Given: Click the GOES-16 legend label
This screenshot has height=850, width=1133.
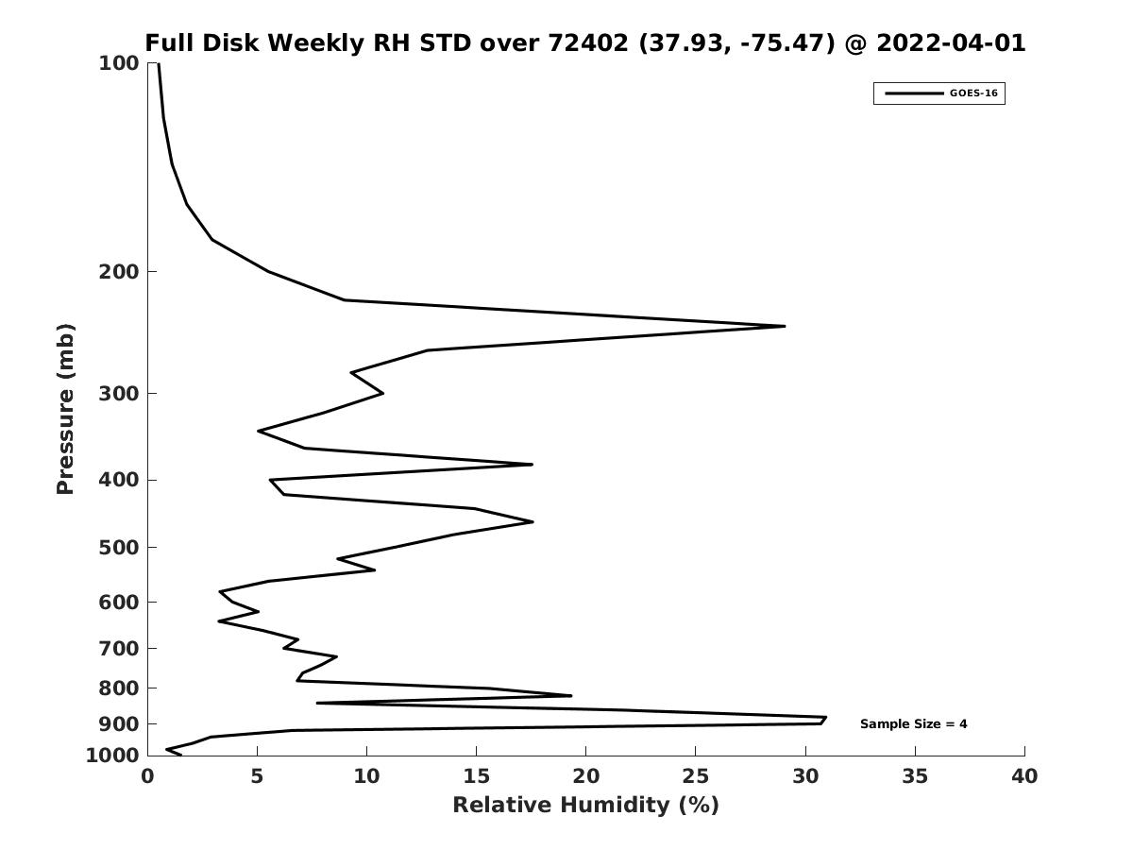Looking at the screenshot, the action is (x=973, y=93).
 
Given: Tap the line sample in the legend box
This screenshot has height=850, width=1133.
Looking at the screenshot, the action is (x=914, y=93).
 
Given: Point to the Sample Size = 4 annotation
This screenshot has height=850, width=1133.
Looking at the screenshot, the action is (x=913, y=724).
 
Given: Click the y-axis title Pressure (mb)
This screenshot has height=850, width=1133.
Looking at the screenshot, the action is (x=65, y=409).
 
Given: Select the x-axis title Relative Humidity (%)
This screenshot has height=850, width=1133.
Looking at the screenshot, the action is (x=586, y=805).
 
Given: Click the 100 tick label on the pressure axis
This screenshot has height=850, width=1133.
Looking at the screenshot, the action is (x=119, y=63).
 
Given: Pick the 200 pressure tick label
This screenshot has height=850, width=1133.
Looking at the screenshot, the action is (x=119, y=271).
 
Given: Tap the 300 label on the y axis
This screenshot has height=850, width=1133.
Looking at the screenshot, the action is (x=119, y=394).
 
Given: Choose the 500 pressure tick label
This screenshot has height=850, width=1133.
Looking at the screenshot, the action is (x=119, y=547).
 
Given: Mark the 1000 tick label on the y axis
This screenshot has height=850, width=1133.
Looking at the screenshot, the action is (x=112, y=756).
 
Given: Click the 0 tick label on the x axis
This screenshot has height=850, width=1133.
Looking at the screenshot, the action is (x=147, y=776).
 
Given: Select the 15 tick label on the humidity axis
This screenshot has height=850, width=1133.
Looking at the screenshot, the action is (x=477, y=776).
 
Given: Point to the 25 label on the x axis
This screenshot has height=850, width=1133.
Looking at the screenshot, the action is (x=695, y=776).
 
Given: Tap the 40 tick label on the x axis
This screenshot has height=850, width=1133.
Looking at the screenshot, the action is (x=1024, y=776).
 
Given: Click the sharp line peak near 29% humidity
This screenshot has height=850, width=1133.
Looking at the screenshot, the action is (x=785, y=326).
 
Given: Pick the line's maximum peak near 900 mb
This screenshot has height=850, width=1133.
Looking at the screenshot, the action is (x=825, y=718).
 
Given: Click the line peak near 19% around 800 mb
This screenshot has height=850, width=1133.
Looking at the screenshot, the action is (x=571, y=696).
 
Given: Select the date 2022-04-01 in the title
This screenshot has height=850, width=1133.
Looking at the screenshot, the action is (x=951, y=42).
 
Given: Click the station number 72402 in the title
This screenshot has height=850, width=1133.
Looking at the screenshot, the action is (x=588, y=42).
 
